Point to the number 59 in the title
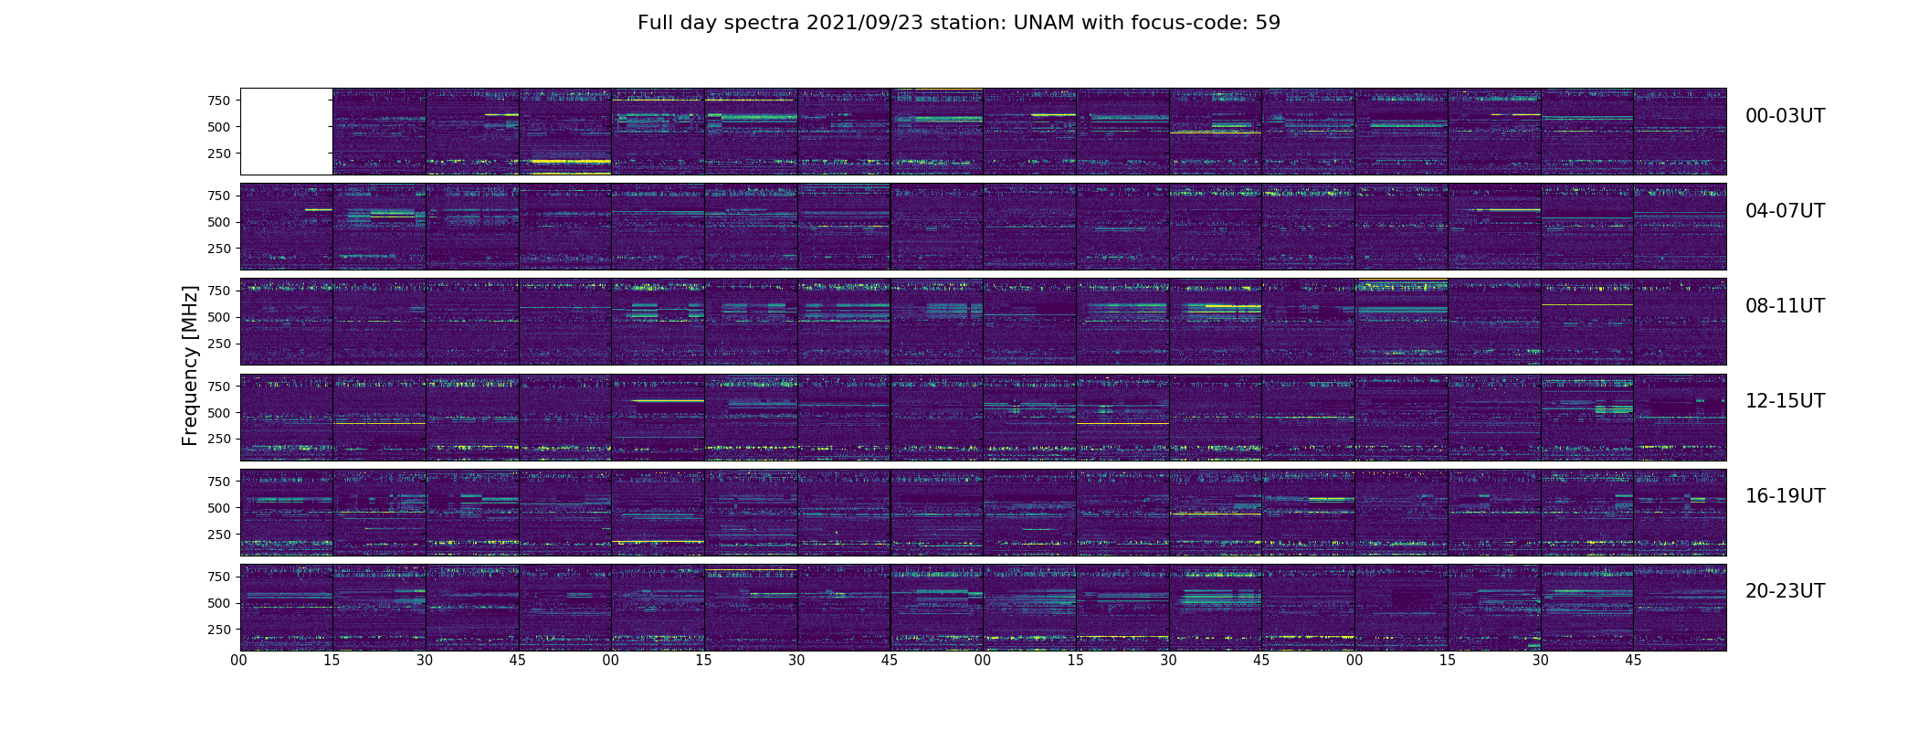pos(1268,23)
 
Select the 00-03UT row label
pos(1785,116)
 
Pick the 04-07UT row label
pos(1785,211)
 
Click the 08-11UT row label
pos(1785,306)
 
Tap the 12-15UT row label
pos(1785,401)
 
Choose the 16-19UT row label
pos(1785,496)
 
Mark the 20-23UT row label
pos(1785,591)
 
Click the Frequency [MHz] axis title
pos(190,365)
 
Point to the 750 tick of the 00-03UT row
pos(218,101)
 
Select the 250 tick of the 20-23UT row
pos(218,630)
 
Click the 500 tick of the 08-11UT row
pos(218,317)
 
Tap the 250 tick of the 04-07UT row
pos(218,249)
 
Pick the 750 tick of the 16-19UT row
pos(218,482)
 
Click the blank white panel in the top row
pos(286,132)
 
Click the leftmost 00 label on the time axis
pos(239,660)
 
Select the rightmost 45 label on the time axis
pos(1633,660)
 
